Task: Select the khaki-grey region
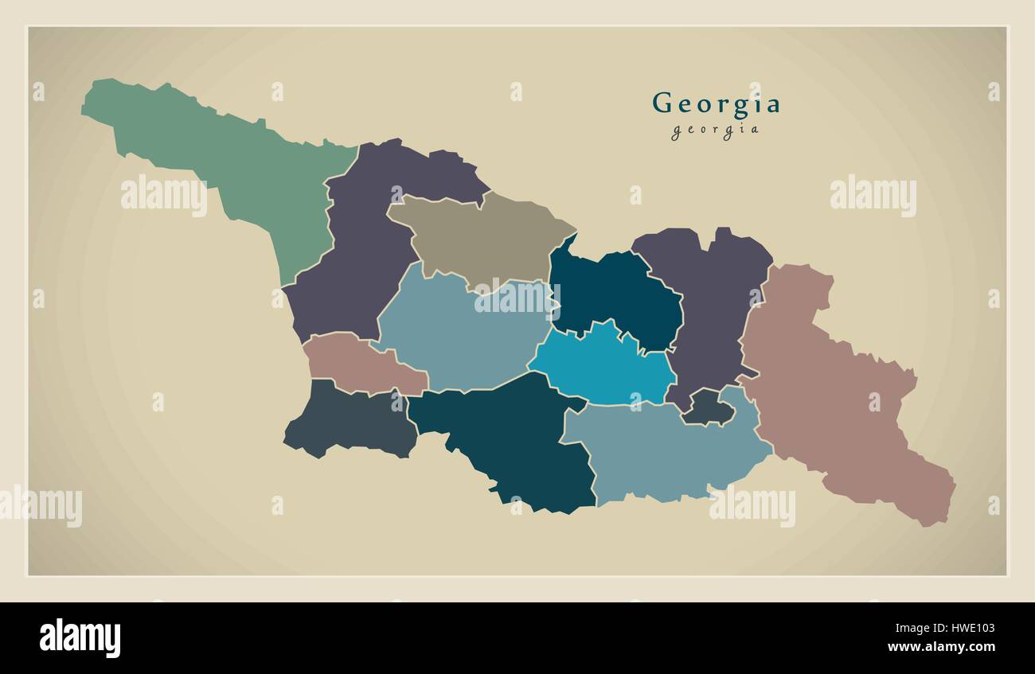[x=478, y=235]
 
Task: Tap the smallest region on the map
[x=705, y=407]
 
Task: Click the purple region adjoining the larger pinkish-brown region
[x=709, y=310]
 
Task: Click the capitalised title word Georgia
[x=716, y=103]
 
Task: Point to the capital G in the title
[x=662, y=103]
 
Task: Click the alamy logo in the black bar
[x=80, y=638]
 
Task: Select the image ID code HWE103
[x=965, y=627]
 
